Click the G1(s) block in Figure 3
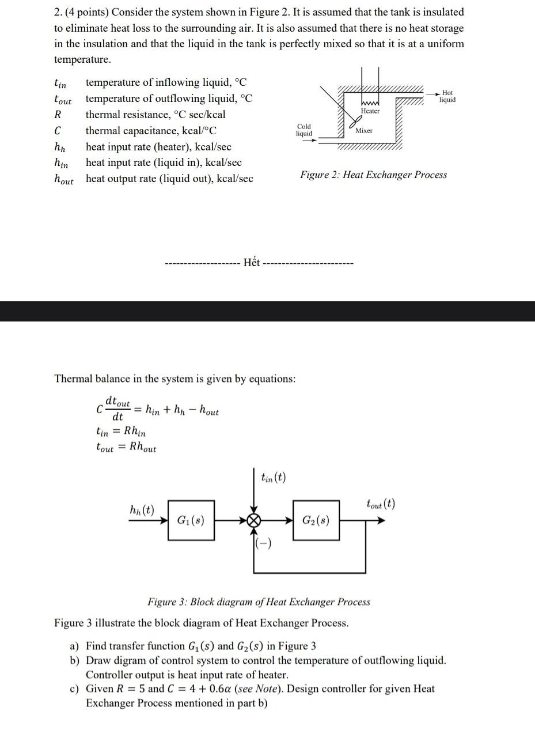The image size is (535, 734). click(x=191, y=520)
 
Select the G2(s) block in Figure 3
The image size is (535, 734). click(x=316, y=520)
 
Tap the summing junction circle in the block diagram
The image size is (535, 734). click(x=253, y=521)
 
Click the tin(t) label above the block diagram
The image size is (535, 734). click(x=273, y=478)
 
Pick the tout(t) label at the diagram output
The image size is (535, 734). click(x=381, y=504)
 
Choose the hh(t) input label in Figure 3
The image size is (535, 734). click(x=142, y=510)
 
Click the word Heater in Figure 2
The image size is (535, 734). click(x=370, y=111)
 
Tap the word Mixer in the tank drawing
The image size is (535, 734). click(x=364, y=131)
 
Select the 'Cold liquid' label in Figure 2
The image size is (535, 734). click(x=304, y=130)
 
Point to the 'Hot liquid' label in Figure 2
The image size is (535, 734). click(x=447, y=96)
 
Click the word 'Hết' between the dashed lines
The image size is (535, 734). click(x=252, y=263)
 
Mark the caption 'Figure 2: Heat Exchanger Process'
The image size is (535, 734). click(x=373, y=175)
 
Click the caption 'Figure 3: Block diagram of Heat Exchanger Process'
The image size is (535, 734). click(x=259, y=602)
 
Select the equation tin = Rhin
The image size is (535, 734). click(x=120, y=431)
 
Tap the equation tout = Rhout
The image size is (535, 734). click(x=126, y=447)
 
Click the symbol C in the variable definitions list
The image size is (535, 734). click(x=58, y=131)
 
